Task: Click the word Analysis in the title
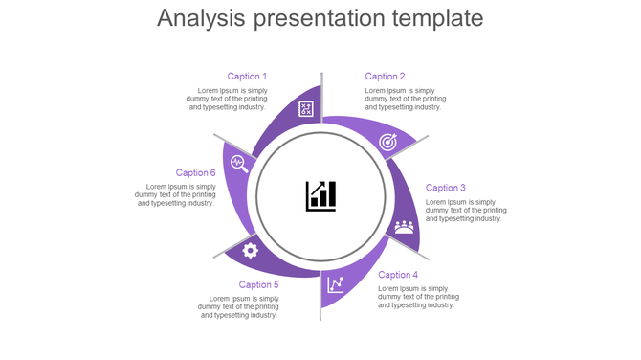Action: (x=202, y=18)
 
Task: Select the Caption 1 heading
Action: (x=247, y=77)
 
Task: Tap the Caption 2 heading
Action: (x=385, y=77)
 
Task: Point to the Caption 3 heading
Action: (x=446, y=188)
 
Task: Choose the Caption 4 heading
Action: (x=398, y=275)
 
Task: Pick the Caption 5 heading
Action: (x=258, y=284)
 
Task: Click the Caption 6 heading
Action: (x=195, y=173)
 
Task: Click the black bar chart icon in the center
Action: (x=320, y=195)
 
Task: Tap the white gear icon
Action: (x=251, y=251)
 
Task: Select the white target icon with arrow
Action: (x=387, y=142)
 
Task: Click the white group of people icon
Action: (x=404, y=227)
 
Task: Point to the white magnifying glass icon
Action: (x=239, y=163)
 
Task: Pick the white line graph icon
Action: (x=336, y=284)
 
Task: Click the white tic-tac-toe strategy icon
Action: (x=305, y=109)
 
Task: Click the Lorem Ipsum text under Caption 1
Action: (x=227, y=99)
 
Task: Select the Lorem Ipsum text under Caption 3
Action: (x=466, y=211)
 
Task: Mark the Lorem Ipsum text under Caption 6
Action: (x=175, y=195)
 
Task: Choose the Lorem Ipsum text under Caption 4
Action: (x=418, y=297)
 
